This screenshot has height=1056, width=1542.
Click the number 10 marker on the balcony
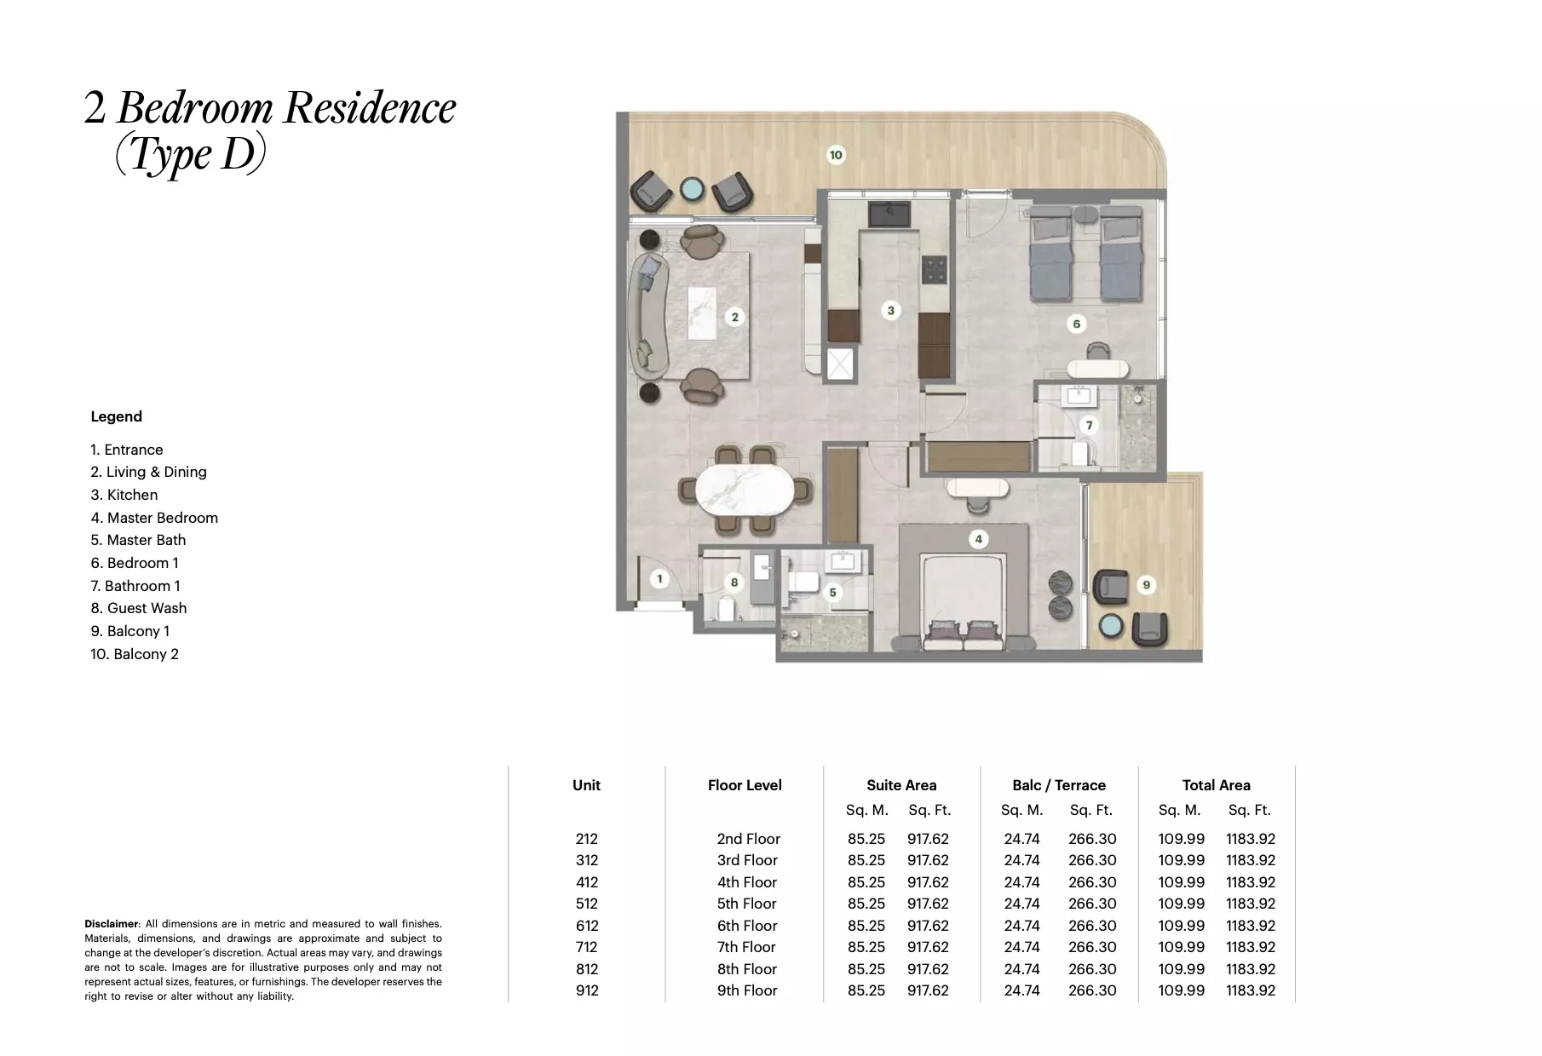pos(836,155)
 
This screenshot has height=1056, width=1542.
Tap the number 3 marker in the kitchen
pos(890,310)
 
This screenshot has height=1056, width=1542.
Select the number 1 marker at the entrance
pos(659,579)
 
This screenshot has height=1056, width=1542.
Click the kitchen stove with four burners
pos(935,269)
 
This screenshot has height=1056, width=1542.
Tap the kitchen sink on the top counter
pos(889,214)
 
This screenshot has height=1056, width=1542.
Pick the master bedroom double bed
pos(965,600)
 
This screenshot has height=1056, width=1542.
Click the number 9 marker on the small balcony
pos(1146,585)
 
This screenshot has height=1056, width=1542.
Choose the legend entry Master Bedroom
pos(154,518)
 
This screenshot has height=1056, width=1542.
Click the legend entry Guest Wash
pos(139,608)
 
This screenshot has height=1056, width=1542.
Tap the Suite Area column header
pos(901,785)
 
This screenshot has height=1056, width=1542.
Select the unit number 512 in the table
pos(586,904)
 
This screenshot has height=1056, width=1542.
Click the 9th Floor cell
pos(746,990)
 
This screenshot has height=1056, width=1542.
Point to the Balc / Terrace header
pos(1059,785)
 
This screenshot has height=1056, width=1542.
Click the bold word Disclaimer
pos(111,924)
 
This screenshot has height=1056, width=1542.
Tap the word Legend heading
pos(117,416)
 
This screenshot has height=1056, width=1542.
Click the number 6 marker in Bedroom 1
pos(1076,324)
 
